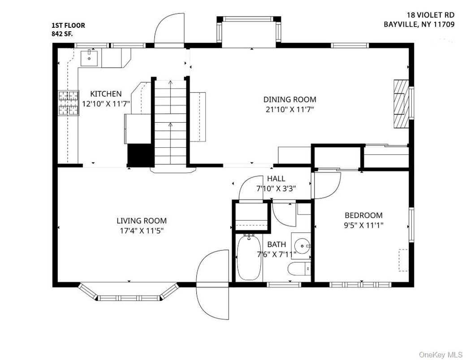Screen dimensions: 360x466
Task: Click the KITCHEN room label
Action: tap(106, 94)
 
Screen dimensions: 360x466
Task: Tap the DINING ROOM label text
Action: tap(289, 99)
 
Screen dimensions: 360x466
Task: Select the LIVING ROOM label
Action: tap(142, 220)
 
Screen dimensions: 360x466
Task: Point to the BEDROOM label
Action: tap(363, 215)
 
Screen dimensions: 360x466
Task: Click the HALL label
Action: tap(276, 179)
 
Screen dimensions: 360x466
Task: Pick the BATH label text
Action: tap(276, 244)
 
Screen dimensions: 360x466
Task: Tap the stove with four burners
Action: tap(68, 103)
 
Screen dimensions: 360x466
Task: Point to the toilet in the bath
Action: tap(298, 270)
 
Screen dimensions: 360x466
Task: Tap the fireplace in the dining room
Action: tap(401, 104)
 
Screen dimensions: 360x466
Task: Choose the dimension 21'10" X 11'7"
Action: tap(289, 109)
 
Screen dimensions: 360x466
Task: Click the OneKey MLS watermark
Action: tap(440, 355)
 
